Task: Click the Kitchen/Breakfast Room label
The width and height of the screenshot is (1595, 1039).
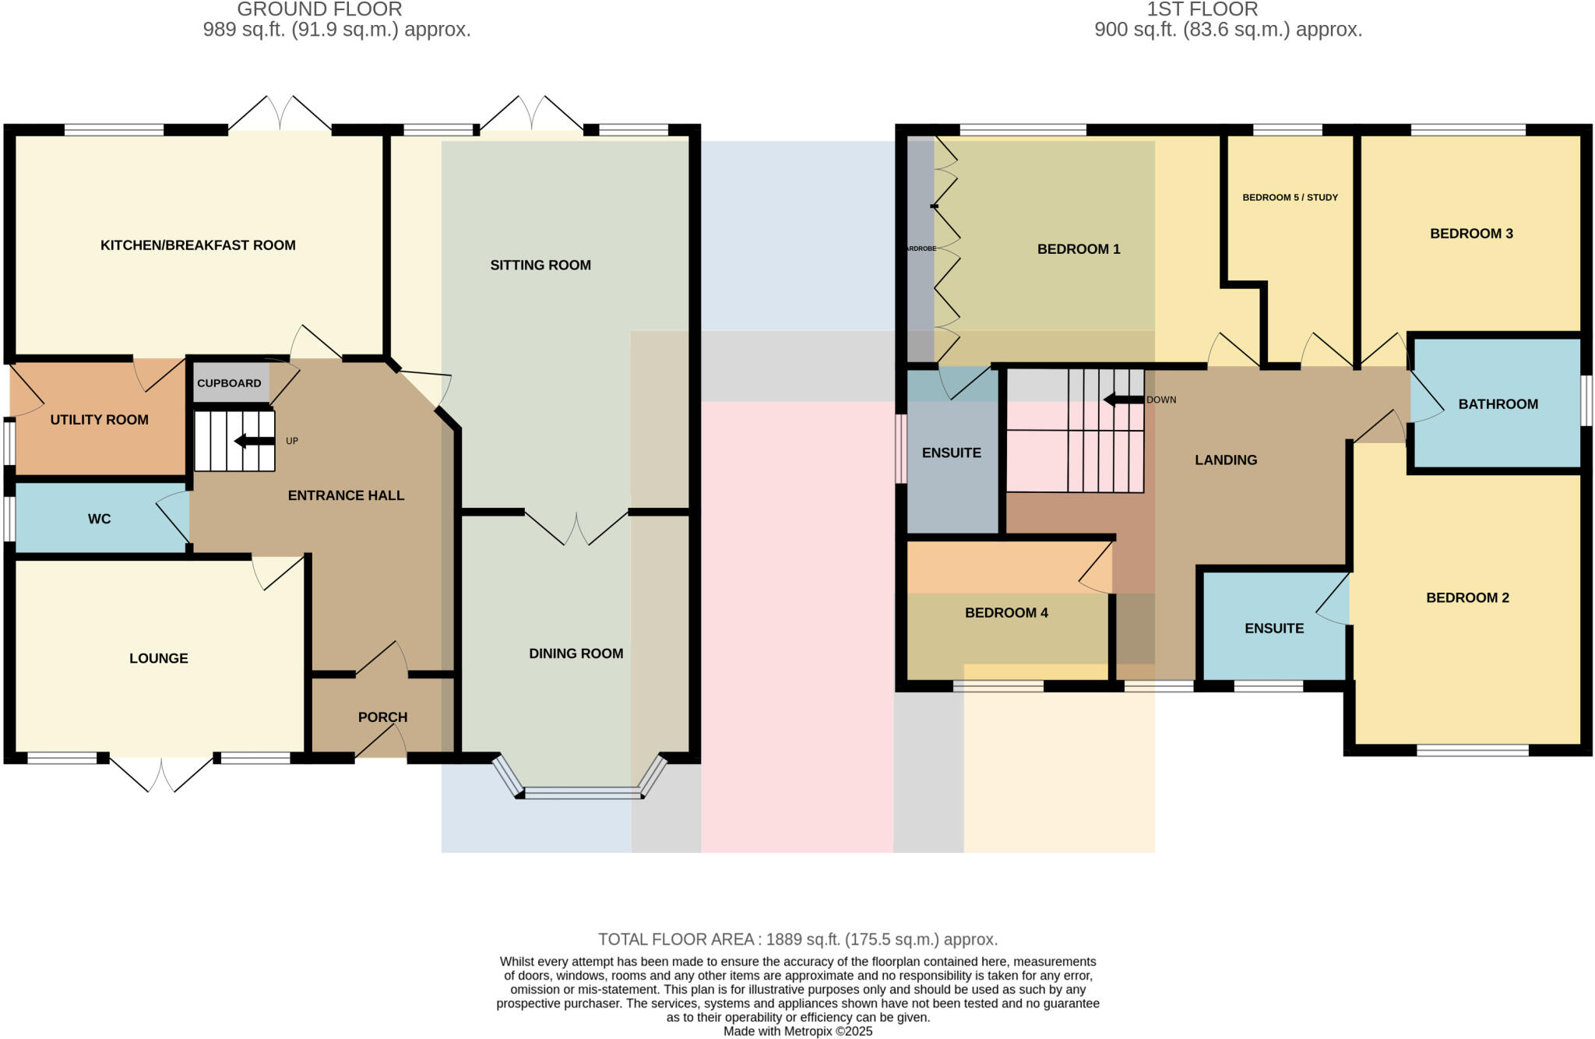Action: [x=198, y=245]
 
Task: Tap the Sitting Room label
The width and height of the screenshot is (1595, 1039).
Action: [x=540, y=265]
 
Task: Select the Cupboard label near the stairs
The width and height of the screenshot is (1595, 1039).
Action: [x=229, y=383]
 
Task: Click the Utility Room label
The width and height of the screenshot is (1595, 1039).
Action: [x=99, y=420]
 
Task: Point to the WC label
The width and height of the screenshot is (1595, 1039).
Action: [x=99, y=519]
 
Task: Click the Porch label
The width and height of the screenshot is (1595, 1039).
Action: [x=382, y=717]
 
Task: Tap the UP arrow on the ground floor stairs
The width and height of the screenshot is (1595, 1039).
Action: [x=254, y=442]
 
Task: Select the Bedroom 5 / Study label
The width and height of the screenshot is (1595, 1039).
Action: [x=1290, y=197]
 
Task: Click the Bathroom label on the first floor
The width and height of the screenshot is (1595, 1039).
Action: [x=1498, y=404]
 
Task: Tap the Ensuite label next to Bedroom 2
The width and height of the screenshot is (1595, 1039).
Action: [x=1273, y=628]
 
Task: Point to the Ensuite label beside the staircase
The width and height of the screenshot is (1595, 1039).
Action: [x=951, y=453]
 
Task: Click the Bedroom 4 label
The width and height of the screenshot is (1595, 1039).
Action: [x=1006, y=613]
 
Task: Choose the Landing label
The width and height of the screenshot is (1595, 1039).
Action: [x=1225, y=460]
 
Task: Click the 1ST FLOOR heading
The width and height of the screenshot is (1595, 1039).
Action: [x=1202, y=9]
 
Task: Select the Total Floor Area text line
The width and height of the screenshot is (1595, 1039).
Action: [x=797, y=939]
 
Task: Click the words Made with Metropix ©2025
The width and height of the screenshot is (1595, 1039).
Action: [x=797, y=1031]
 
